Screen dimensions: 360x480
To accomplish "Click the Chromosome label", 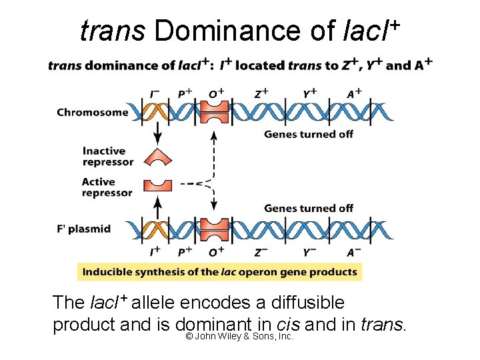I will click(x=92, y=112).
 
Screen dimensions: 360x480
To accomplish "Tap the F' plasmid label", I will click(x=83, y=229).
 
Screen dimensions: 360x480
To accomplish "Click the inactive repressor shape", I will click(x=158, y=157).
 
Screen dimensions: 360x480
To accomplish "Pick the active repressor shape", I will click(x=158, y=184).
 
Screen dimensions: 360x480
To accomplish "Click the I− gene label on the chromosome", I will click(x=155, y=94).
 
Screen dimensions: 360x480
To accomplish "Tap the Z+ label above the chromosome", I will click(x=262, y=94).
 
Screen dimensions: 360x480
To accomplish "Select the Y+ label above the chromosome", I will click(x=310, y=94).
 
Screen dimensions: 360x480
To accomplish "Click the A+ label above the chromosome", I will click(x=354, y=94).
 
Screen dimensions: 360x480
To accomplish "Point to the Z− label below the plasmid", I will click(x=262, y=252).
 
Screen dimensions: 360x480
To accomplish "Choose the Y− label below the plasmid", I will click(x=310, y=252).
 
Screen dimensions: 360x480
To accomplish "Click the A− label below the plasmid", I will click(x=354, y=252).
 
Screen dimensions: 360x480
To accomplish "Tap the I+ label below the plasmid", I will click(x=155, y=252).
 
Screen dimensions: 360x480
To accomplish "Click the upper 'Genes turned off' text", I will click(x=308, y=135).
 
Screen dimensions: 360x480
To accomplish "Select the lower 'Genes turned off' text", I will click(x=308, y=209).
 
